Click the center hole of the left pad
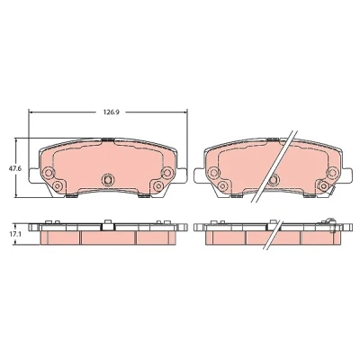coord(107,179)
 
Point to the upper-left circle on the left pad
coord(49,173)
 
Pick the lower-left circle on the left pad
coord(57,186)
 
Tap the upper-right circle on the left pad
coord(166,172)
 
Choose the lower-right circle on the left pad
coord(158,186)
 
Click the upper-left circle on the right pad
coord(214,173)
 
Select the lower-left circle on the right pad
coord(222,186)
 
